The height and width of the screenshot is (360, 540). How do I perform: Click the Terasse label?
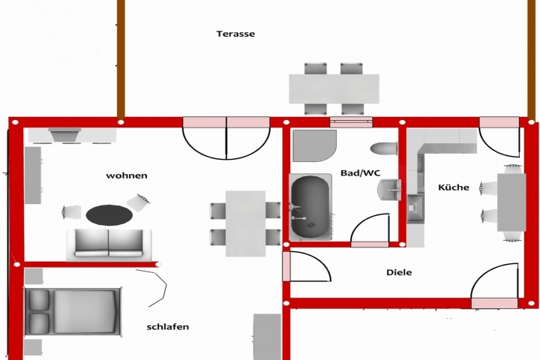(235, 34)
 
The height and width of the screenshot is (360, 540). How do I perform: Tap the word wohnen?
(127, 175)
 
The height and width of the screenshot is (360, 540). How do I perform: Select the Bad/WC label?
(361, 172)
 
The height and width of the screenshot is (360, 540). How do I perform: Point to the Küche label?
(454, 187)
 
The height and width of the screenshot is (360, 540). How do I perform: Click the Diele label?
(399, 272)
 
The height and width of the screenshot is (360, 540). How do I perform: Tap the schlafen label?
(167, 327)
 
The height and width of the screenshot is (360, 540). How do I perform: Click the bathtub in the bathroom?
(310, 207)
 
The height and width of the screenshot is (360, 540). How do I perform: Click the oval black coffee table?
(109, 215)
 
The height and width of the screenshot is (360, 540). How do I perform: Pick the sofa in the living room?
(109, 244)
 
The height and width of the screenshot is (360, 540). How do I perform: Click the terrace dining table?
(334, 88)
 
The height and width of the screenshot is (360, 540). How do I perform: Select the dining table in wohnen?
(245, 223)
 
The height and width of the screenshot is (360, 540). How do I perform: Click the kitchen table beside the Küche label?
(511, 202)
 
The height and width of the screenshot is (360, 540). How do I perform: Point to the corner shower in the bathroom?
(313, 145)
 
